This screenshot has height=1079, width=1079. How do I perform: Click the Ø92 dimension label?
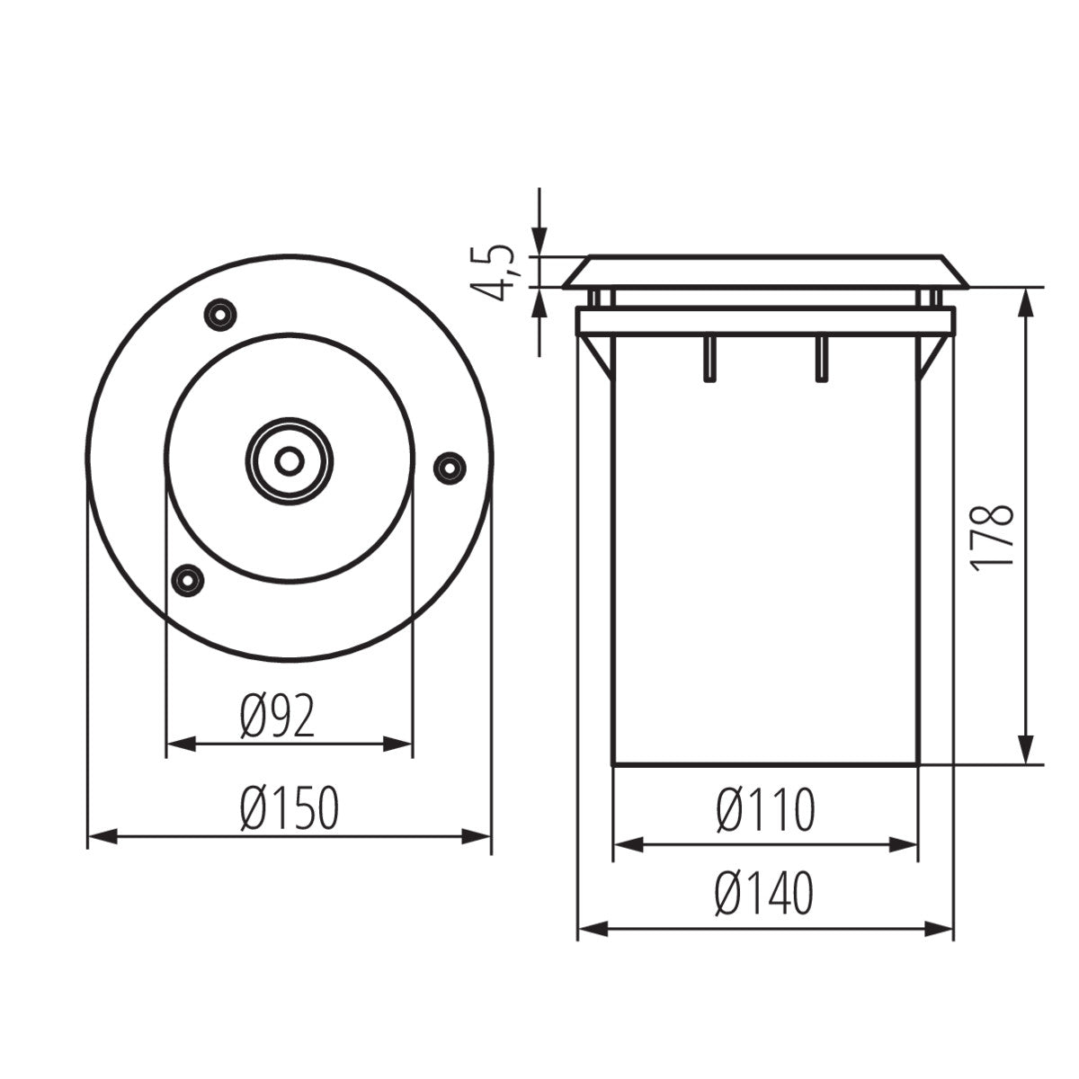pos(278,718)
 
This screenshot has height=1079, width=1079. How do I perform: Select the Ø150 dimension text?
pos(290,807)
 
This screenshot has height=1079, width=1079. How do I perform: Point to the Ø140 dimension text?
pos(765,894)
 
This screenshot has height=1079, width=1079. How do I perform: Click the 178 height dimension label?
pos(993,537)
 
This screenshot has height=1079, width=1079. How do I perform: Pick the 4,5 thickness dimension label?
pos(494,272)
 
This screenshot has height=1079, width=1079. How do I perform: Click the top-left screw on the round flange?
pos(219,314)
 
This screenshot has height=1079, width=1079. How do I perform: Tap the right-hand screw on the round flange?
pos(449,466)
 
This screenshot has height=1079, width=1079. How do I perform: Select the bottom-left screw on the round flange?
pos(187,578)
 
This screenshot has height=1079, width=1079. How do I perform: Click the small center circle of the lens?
pos(289,460)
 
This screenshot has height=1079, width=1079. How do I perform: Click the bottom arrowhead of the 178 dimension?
pos(1024,750)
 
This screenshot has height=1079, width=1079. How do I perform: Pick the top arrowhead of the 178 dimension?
pos(1024,303)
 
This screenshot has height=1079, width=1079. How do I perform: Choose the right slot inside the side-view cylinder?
pos(820,359)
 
